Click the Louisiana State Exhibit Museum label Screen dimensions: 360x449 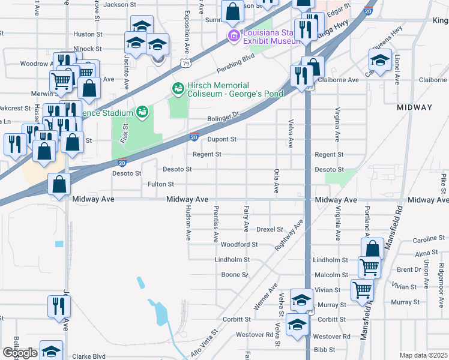click(270, 37)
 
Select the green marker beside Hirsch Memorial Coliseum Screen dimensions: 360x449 click(178, 89)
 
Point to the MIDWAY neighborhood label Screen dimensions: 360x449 click(415, 107)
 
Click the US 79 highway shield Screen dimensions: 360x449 click(187, 62)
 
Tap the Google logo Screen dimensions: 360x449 click(20, 353)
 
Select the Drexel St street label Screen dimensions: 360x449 click(269, 229)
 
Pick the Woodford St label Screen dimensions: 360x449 click(239, 245)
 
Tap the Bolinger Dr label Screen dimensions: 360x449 click(223, 116)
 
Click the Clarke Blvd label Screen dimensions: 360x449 click(89, 356)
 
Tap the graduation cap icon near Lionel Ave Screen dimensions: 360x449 click(380, 61)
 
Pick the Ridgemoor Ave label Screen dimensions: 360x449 click(441, 275)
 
